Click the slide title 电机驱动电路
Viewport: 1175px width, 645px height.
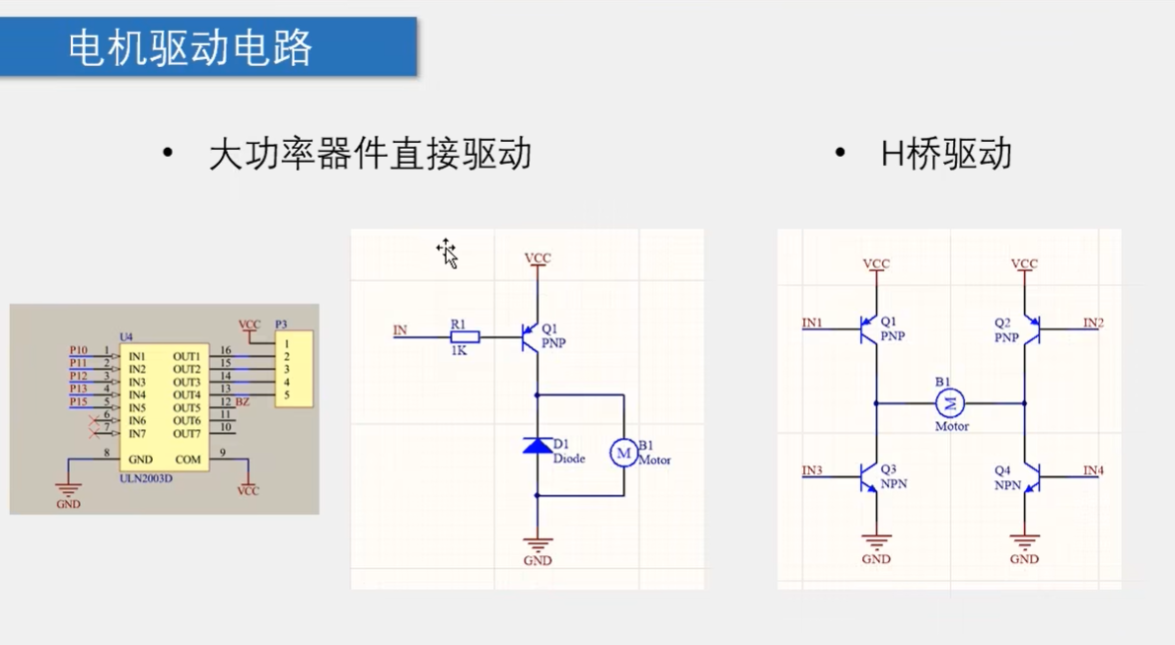click(x=190, y=47)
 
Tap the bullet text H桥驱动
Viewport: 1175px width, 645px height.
click(x=946, y=154)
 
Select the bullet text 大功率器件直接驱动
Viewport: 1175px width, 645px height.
click(x=370, y=154)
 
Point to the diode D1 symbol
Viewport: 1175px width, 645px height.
click(x=538, y=446)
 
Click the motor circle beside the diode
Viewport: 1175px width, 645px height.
click(x=624, y=452)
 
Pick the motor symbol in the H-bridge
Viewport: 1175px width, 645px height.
click(x=951, y=402)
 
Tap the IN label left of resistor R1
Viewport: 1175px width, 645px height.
click(x=400, y=329)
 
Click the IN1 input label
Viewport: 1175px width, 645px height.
click(x=812, y=322)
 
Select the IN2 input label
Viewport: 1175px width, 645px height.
click(x=1093, y=322)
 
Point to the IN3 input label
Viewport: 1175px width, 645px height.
click(x=812, y=470)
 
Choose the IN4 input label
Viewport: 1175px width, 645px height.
click(x=1093, y=470)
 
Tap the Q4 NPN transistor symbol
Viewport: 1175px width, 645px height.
click(x=1030, y=478)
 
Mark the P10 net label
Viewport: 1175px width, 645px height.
click(x=78, y=350)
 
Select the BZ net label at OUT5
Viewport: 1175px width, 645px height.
click(x=243, y=401)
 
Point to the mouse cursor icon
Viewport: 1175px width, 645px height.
click(x=448, y=253)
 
